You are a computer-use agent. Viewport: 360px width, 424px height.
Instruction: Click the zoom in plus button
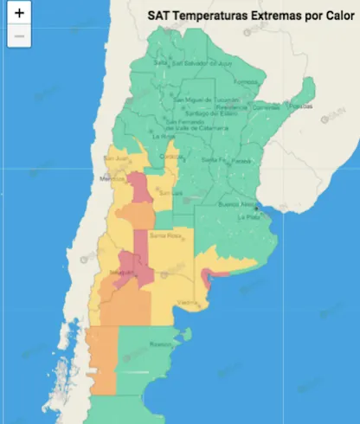[x=19, y=14]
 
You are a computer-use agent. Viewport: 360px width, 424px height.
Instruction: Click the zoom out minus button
[x=19, y=36]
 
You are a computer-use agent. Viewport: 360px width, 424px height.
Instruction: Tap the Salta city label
[x=160, y=62]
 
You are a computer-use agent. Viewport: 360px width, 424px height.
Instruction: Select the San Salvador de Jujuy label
[x=202, y=62]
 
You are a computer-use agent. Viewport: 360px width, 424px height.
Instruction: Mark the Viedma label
[x=187, y=302]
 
